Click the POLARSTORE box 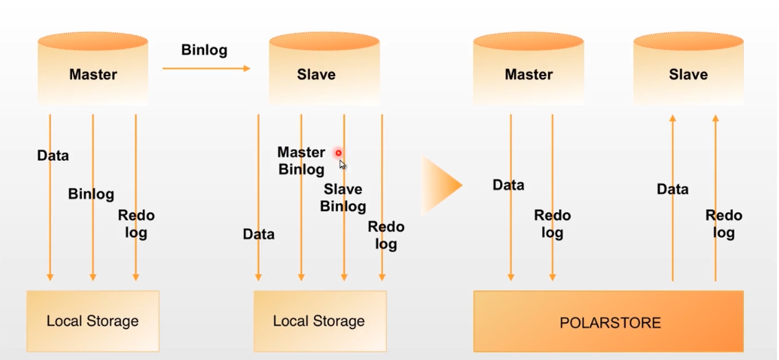[608, 322]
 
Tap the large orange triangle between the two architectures [440, 185]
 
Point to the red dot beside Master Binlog [338, 153]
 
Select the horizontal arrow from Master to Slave [206, 68]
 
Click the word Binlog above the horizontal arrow [204, 50]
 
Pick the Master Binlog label [301, 160]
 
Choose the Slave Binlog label [343, 197]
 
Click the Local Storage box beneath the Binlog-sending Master [93, 321]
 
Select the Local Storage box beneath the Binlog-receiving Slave [319, 321]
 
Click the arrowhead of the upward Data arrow [673, 119]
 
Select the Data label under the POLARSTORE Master [508, 185]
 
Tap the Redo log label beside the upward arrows [723, 224]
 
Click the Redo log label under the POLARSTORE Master [552, 224]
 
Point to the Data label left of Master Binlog [258, 234]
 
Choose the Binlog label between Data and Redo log [91, 194]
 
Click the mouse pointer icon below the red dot [342, 164]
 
